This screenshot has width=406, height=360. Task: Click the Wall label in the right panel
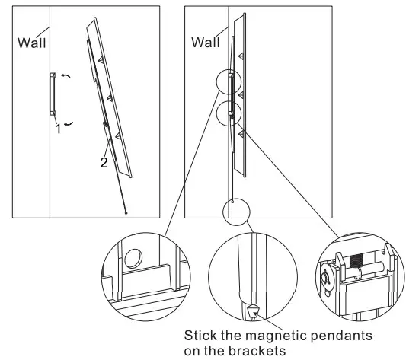[205, 43]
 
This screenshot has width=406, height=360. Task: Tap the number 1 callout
[57, 129]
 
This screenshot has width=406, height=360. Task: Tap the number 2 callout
[104, 161]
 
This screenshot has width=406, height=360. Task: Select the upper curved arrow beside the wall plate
[66, 77]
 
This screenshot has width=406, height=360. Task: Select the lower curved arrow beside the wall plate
[68, 123]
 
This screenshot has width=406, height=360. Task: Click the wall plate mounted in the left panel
[53, 94]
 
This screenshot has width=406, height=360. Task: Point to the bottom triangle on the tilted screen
[118, 135]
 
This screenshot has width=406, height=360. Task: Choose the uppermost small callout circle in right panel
[229, 82]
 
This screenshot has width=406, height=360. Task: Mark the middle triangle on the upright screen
[241, 94]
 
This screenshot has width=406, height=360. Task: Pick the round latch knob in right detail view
[328, 278]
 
